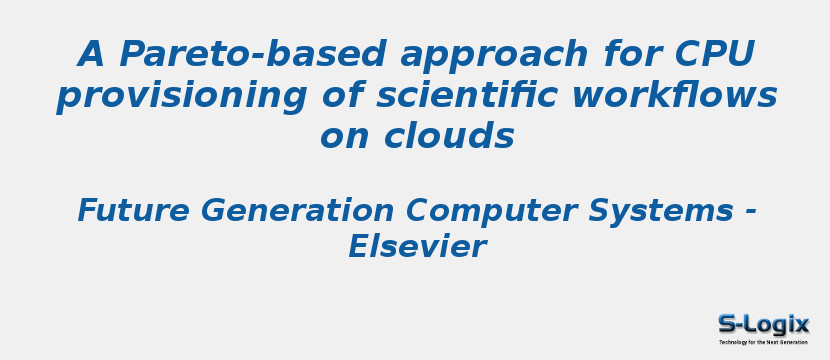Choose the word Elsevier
tap(416, 247)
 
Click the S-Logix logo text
tap(763, 324)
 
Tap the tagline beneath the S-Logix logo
tap(763, 342)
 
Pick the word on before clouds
tap(342, 137)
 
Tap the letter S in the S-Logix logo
tap(727, 324)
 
